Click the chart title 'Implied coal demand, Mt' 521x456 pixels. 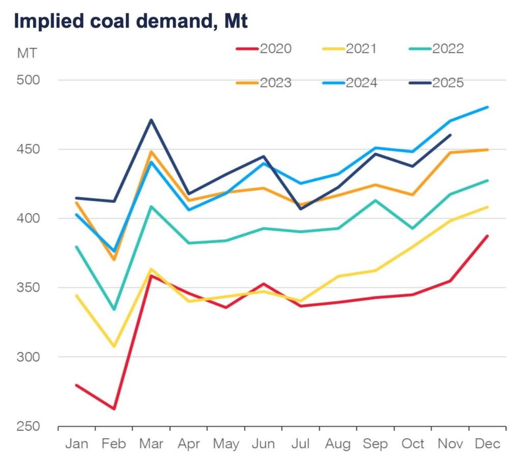[130, 21]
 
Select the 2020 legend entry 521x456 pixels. [264, 49]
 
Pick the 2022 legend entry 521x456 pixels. [437, 49]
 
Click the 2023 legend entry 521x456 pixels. [264, 83]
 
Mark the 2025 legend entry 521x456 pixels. [437, 83]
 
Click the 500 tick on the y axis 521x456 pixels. [32, 80]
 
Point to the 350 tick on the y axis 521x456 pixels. [32, 288]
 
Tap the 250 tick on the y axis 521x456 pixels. [32, 426]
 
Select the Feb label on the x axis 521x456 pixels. [113, 444]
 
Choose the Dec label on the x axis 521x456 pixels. [487, 444]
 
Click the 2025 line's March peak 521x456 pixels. [151, 120]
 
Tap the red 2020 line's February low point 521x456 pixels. [114, 409]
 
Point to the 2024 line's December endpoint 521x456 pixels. [487, 107]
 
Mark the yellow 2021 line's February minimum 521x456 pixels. [114, 347]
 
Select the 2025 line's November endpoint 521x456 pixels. [450, 135]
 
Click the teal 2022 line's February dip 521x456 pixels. [114, 309]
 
